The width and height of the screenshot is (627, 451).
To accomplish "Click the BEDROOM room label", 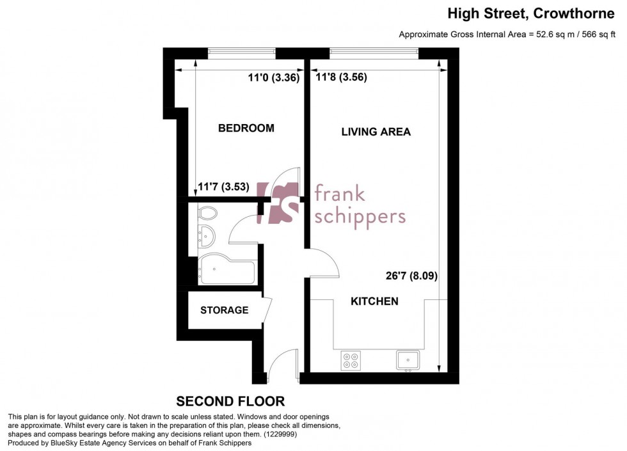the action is coord(246,128).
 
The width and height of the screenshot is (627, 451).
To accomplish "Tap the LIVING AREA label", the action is coord(376,132).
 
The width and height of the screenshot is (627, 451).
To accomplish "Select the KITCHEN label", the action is coord(374,301).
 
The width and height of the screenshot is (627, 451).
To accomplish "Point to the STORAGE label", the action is coord(225,310).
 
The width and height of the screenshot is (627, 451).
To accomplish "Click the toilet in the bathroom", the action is coord(207,212).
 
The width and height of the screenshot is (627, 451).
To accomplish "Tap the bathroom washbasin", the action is coord(206,236).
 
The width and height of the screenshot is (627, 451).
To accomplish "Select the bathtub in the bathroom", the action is coord(226,269).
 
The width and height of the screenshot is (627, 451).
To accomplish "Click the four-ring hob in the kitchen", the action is coord(351,360).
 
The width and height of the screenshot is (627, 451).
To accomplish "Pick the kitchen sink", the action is coord(408,360).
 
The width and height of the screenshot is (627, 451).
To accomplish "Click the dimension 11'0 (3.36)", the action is coord(274,77).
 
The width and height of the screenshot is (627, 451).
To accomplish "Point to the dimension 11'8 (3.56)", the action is coord(341,77).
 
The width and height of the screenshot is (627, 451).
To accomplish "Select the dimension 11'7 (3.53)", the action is coord(223,187).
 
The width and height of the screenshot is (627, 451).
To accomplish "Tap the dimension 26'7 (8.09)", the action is coord(411,276).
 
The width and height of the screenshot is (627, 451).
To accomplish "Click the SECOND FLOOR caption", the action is coord(230,401).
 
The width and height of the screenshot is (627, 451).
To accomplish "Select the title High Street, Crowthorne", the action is coord(530,13).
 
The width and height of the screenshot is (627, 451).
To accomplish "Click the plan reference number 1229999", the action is coord(280,434).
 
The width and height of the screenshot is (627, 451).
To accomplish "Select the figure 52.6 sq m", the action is coord(553,35).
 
